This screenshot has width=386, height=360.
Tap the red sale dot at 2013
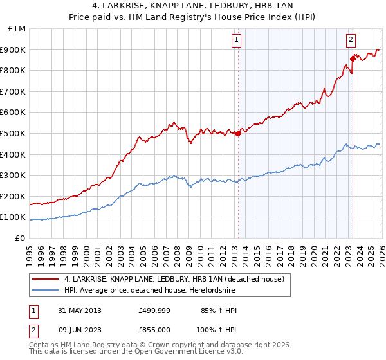(x=238, y=134)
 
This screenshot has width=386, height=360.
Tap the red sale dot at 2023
(x=353, y=59)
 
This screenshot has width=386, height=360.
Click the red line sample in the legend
(x=46, y=279)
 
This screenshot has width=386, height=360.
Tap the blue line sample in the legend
(x=46, y=290)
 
